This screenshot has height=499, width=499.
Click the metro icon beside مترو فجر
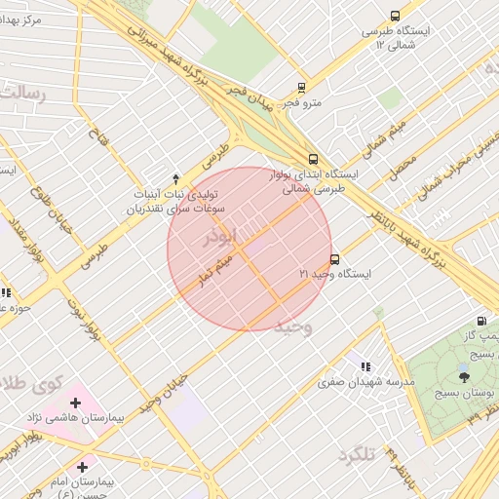click(x=302, y=88)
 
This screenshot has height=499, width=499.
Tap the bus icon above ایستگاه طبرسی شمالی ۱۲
click(x=395, y=16)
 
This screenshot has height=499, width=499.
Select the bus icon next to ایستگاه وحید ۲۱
click(x=335, y=259)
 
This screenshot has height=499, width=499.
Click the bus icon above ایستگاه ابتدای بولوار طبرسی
click(x=313, y=159)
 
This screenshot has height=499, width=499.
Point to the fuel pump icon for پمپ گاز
click(x=481, y=322)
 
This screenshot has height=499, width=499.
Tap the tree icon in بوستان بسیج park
click(x=462, y=375)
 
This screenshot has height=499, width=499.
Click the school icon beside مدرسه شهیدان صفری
click(x=365, y=366)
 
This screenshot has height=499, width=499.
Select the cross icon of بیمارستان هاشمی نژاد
click(x=75, y=402)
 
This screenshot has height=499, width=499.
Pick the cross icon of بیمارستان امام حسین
click(x=82, y=467)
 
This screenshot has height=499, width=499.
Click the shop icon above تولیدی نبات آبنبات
click(x=175, y=178)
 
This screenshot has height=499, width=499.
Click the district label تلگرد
click(x=357, y=455)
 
